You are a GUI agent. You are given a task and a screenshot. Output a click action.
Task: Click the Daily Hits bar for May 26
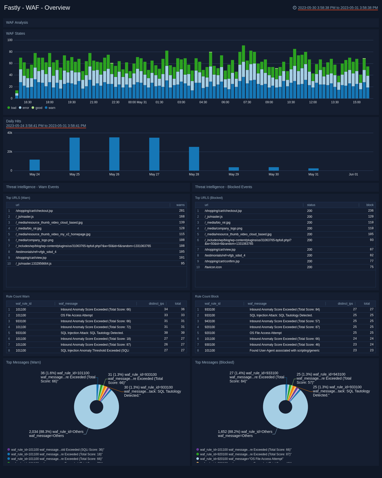(114, 154)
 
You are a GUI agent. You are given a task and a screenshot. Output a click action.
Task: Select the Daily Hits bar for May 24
(35, 165)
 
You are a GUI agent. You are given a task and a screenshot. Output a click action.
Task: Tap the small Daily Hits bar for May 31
(313, 170)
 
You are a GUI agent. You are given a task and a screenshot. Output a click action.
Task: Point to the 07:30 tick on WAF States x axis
(247, 102)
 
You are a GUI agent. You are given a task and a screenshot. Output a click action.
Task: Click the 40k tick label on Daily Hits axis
(10, 133)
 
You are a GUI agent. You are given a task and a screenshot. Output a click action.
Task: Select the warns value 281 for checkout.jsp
(182, 211)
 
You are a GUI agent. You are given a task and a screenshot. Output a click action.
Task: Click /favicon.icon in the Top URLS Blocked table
(213, 267)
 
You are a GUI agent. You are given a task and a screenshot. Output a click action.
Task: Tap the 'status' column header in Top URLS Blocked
(311, 205)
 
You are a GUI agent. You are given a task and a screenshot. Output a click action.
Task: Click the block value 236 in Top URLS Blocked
(371, 211)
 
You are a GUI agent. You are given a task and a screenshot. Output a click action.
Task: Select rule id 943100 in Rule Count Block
(210, 321)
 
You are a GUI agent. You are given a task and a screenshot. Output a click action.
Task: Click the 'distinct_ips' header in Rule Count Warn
(156, 304)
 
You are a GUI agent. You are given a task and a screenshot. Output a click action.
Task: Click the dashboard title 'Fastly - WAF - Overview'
(37, 8)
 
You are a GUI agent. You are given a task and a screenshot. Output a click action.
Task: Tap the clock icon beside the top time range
(295, 8)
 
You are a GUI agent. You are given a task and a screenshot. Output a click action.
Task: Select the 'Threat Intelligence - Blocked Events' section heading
(223, 187)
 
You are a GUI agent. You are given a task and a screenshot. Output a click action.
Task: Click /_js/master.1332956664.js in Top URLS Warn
(34, 264)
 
